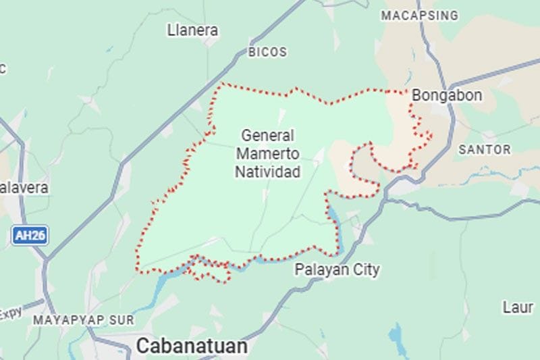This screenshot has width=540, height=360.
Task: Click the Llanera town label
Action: click(x=192, y=30)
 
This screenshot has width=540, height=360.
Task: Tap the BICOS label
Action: click(x=267, y=52)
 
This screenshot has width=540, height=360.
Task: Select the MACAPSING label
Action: click(x=419, y=16)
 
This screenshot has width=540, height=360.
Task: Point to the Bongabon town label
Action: click(x=447, y=96)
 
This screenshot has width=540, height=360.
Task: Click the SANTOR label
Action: click(x=485, y=149)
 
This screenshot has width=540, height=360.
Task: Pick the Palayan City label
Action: click(x=337, y=270)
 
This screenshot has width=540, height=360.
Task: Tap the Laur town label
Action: click(x=518, y=307)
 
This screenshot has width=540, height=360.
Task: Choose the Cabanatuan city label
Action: click(x=192, y=346)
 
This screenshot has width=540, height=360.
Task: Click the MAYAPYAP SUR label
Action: click(x=84, y=319)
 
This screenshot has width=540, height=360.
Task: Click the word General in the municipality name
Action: click(x=267, y=135)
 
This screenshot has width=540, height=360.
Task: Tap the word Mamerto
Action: click(x=267, y=154)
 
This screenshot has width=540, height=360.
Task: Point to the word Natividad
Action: click(x=267, y=172)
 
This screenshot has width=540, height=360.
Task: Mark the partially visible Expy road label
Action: click(x=10, y=313)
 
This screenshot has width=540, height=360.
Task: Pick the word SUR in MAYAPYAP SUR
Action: click(x=123, y=319)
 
